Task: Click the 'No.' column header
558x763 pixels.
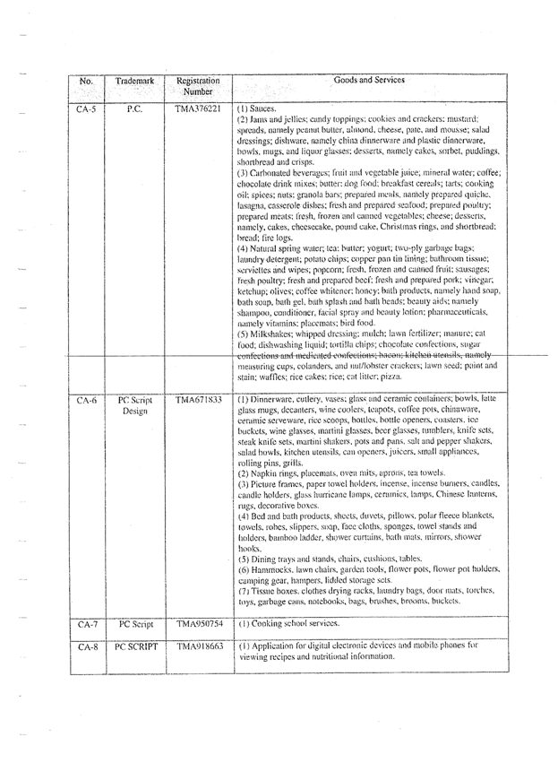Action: [x=86, y=81]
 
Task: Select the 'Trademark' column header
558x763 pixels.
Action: [x=134, y=81]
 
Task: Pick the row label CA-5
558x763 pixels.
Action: [x=86, y=108]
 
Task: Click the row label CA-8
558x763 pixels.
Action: [x=86, y=646]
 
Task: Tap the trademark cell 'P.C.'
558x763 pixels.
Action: [x=134, y=108]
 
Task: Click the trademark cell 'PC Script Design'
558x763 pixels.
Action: [x=134, y=405]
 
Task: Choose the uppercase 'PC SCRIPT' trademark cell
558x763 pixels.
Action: [x=135, y=646]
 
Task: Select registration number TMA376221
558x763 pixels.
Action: [x=198, y=108]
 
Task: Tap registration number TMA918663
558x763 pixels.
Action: [x=198, y=646]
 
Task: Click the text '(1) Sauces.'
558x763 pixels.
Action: [x=257, y=108]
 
